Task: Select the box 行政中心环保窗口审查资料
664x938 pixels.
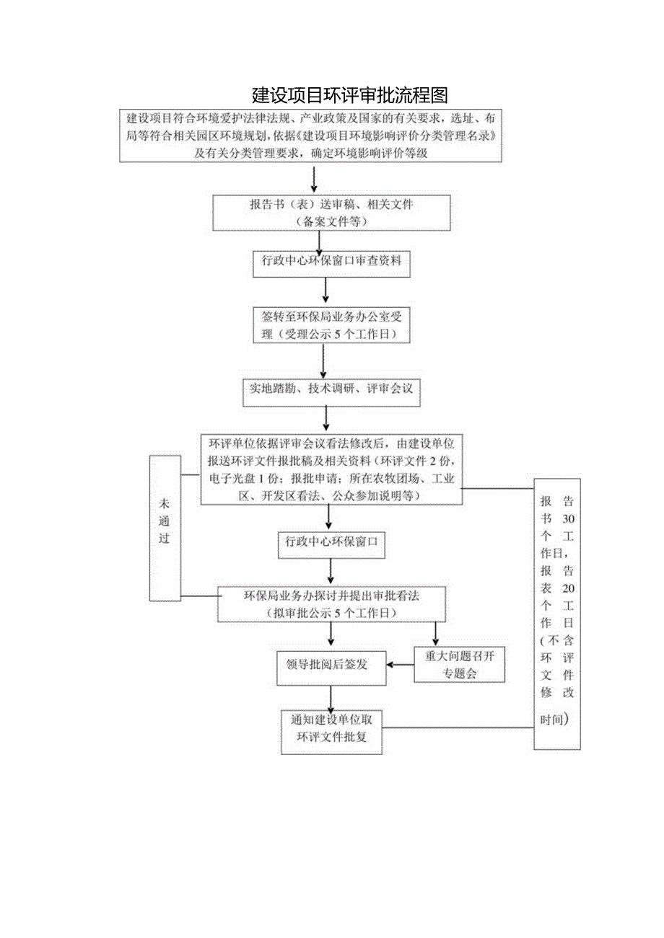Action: tap(331, 264)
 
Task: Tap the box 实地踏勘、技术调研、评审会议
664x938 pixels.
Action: tap(327, 389)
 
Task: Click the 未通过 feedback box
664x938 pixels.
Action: tap(165, 528)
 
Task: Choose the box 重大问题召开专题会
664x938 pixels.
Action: tap(460, 665)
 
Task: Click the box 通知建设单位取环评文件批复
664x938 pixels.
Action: tap(331, 731)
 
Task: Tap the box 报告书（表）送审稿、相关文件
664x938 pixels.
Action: tap(331, 213)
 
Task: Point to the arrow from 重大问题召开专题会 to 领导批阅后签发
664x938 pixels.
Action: tap(401, 665)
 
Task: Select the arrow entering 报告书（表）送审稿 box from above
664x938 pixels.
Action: tap(313, 180)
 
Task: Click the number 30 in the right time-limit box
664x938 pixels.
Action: tap(568, 519)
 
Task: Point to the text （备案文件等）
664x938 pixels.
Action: tap(331, 222)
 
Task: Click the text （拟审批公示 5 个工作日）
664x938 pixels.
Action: tap(331, 613)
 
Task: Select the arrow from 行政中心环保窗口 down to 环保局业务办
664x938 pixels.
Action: tap(331, 572)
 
